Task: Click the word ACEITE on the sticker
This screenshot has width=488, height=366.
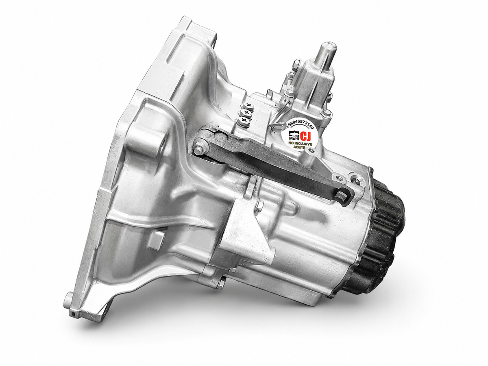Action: [301, 148]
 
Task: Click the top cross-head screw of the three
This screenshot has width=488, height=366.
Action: [248, 107]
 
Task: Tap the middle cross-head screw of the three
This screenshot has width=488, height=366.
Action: [246, 113]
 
